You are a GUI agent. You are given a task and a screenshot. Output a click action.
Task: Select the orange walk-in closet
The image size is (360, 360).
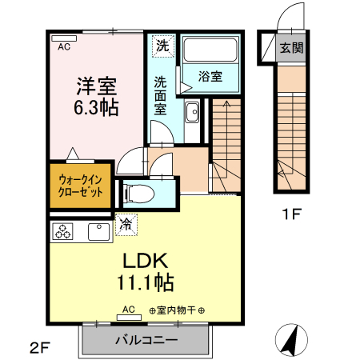click(79, 186)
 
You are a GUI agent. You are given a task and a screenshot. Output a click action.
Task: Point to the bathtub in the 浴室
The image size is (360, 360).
click(210, 54)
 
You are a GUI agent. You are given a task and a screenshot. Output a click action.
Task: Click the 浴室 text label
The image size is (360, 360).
click(210, 77)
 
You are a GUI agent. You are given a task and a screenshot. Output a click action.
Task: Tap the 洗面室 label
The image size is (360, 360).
click(161, 94)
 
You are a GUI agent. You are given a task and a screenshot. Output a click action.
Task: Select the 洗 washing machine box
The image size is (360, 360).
click(162, 46)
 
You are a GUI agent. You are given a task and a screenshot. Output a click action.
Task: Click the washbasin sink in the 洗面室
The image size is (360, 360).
click(193, 113)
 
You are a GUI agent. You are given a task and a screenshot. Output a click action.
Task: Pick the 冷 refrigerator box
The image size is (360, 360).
click(126, 226)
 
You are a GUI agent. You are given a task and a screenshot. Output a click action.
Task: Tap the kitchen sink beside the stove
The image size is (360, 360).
click(98, 233)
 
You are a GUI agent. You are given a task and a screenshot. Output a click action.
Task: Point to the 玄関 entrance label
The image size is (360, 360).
click(291, 47)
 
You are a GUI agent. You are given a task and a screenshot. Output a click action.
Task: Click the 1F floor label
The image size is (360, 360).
click(290, 214)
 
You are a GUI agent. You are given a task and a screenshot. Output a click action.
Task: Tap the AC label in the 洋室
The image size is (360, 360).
click(63, 46)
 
